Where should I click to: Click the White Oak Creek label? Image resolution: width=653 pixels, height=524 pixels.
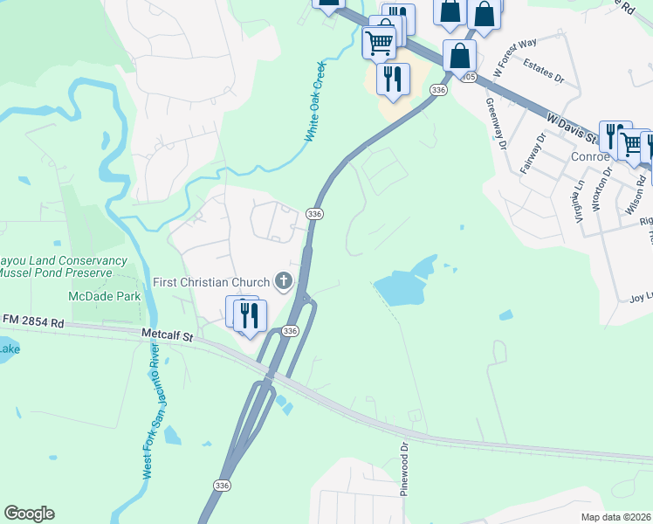coord(315,102)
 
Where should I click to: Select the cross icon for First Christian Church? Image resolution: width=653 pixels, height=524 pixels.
coord(283,281)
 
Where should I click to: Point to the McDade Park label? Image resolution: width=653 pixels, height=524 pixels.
coord(106,297)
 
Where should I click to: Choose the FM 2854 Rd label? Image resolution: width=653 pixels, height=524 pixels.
coord(32,322)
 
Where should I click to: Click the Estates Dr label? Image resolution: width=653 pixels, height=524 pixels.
coord(544,71)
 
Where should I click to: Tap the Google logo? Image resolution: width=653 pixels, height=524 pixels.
coord(29,514)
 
